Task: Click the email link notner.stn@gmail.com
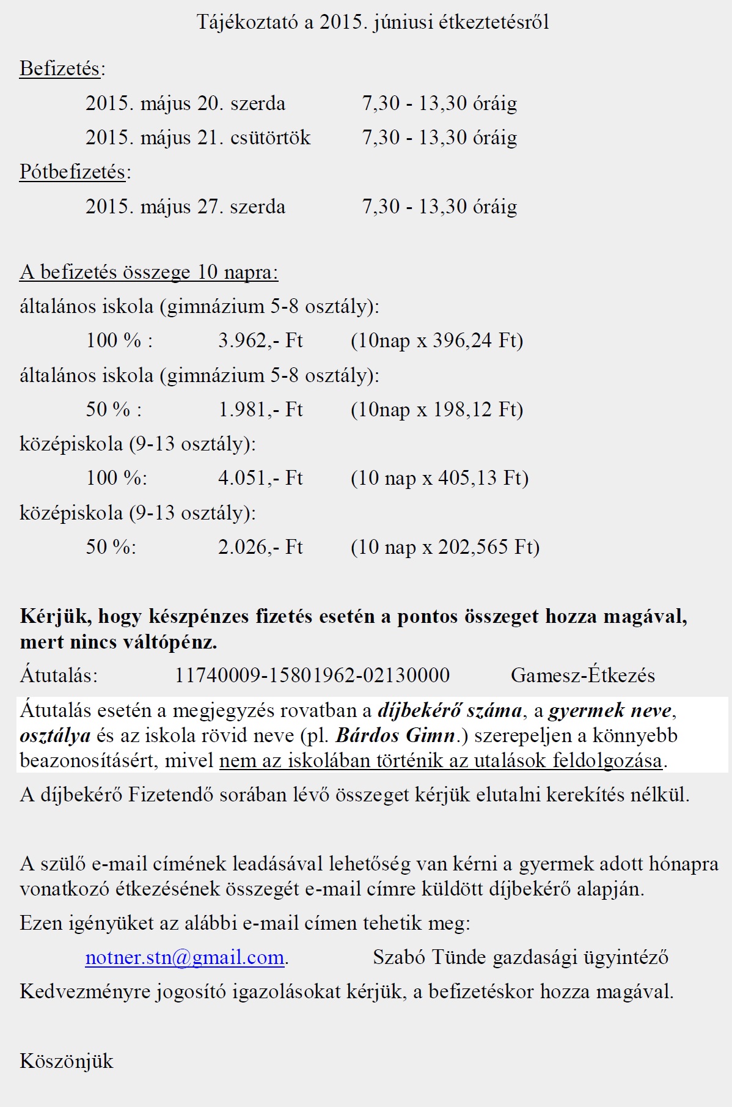(185, 957)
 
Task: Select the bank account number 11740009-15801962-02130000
(312, 675)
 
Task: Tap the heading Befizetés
(60, 68)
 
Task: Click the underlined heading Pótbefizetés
(72, 172)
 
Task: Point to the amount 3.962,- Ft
(260, 340)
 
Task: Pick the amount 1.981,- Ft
(260, 410)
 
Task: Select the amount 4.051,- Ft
(260, 478)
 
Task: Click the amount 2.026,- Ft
(260, 547)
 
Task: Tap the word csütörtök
(271, 138)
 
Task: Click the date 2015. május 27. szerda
(185, 207)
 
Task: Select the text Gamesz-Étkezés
(582, 675)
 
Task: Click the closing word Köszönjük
(67, 1061)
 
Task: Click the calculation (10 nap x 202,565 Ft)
(445, 547)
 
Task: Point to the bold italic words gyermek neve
(609, 710)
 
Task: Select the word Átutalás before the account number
(59, 675)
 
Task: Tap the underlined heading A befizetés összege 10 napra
(148, 272)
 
